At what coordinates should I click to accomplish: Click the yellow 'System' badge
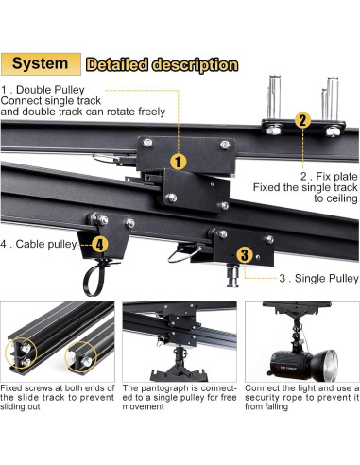coord(41,64)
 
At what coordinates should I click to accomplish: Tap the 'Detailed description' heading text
coord(162,65)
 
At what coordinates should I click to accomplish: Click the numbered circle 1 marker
coord(179,162)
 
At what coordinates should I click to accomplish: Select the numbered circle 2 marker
coord(302,120)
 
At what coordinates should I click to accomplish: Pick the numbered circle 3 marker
coord(245,255)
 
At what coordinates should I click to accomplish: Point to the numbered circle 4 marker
coord(100,244)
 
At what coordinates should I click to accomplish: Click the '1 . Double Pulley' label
coord(43,90)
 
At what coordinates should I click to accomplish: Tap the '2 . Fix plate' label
coord(329,176)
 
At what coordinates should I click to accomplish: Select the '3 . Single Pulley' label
coord(318,278)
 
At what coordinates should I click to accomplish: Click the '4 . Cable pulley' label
coord(39,244)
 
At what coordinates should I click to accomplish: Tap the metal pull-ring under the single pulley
coord(183,254)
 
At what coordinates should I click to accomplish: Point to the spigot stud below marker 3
coord(233,276)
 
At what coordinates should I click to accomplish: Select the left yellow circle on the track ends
coord(21,353)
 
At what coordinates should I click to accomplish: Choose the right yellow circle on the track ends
coord(81,357)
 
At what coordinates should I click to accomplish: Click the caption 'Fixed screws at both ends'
coord(58,387)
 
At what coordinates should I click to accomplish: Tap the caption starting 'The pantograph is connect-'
coord(180,387)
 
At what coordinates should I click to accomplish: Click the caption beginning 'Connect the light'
coord(302,387)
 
